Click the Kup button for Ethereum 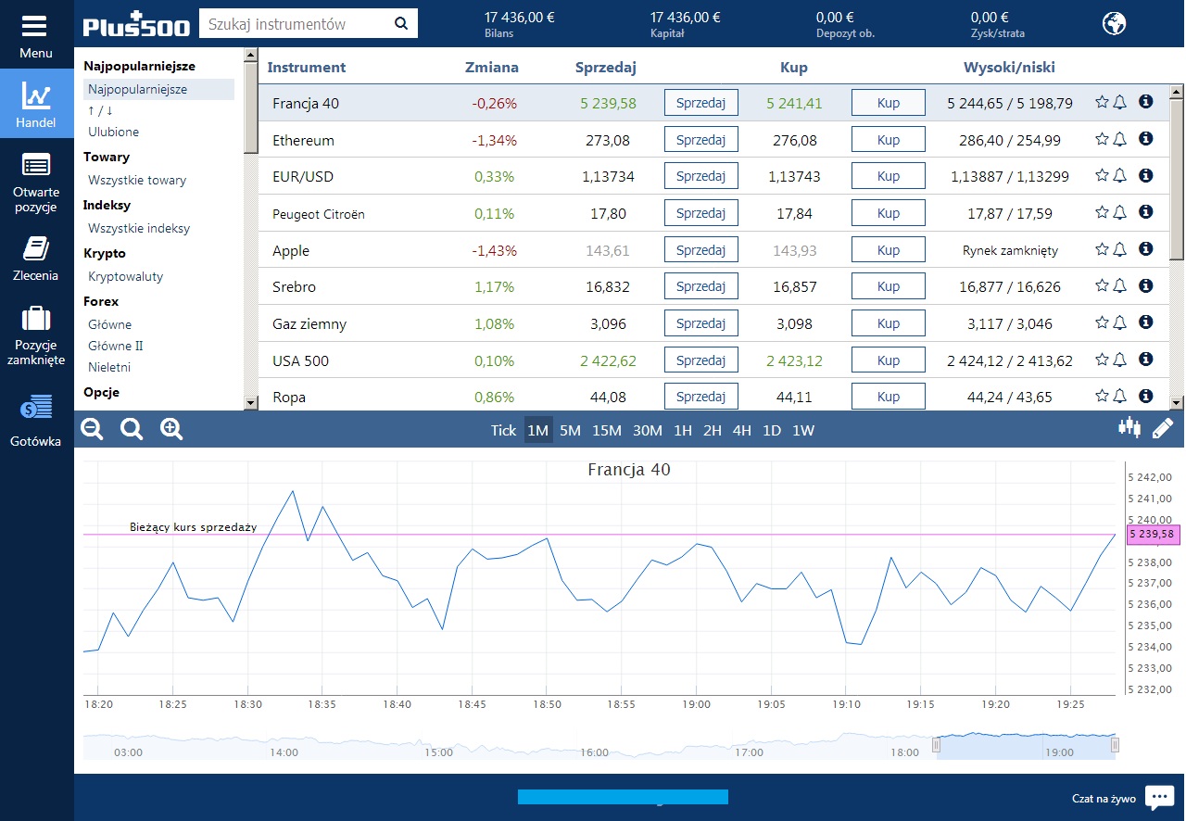point(888,140)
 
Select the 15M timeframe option point(607,430)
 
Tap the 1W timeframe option point(803,430)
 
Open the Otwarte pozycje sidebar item point(36,184)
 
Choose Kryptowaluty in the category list point(125,276)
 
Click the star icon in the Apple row point(1102,249)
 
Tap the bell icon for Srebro point(1119,286)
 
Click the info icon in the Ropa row point(1145,397)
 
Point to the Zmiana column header point(492,67)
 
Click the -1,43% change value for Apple point(495,250)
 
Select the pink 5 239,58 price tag point(1153,534)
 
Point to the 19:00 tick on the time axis point(697,704)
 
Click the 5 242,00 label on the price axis point(1151,477)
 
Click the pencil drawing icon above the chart point(1162,428)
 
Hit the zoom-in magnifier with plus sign point(171,428)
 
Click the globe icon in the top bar point(1114,23)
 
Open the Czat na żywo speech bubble point(1159,797)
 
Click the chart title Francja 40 point(629,470)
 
